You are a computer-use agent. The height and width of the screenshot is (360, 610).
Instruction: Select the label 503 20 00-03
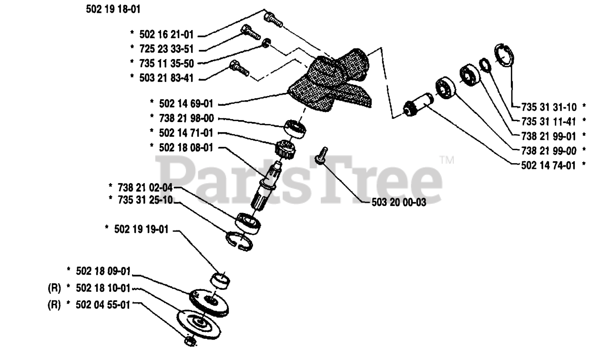point(399,202)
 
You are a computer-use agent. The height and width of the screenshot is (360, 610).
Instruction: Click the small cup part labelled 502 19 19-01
point(221,280)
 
